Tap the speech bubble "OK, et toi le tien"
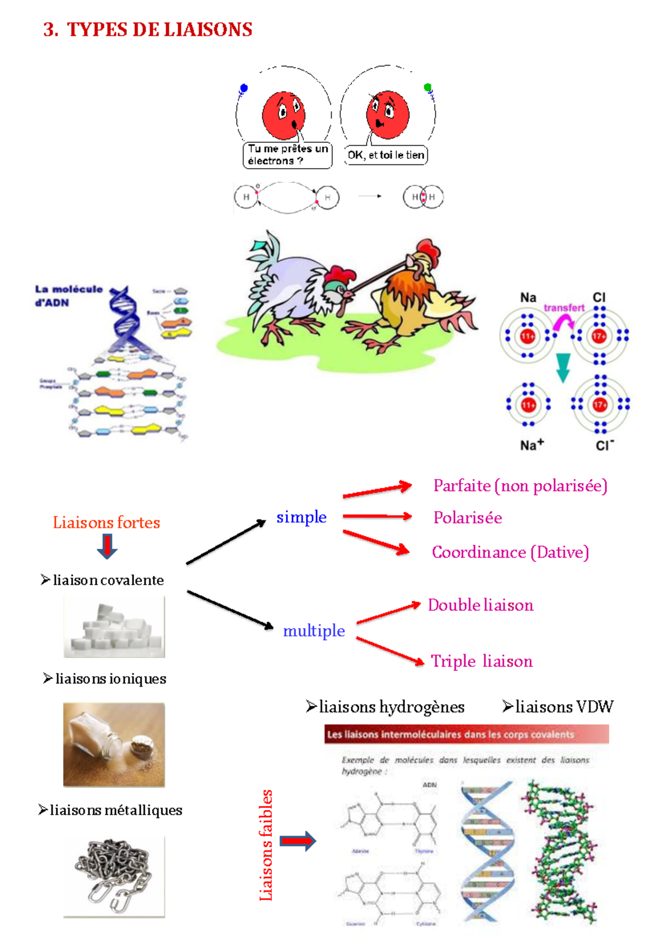point(386,155)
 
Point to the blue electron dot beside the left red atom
point(244,88)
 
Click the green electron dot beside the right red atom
point(428,87)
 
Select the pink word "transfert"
point(563,308)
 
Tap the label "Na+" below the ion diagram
point(531,445)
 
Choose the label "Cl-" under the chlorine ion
point(605,445)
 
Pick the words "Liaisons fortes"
point(106,522)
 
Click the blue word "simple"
point(301,517)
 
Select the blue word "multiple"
point(314,630)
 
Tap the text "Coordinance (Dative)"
point(510,552)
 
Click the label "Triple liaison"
point(482,661)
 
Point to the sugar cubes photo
point(114,627)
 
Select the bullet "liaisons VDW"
point(558,707)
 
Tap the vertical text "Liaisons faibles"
point(266,844)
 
